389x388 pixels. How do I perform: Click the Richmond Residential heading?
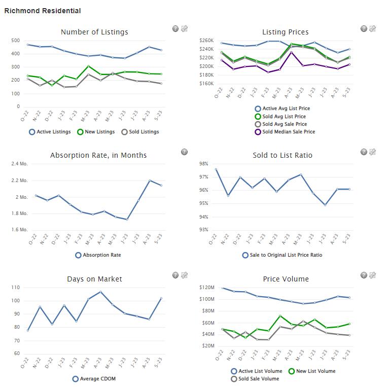(42, 11)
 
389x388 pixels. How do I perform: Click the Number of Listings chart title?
(94, 32)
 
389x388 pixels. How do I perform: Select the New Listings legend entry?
(96, 132)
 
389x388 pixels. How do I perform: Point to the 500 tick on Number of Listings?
(15, 41)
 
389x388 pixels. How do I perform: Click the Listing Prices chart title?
(285, 32)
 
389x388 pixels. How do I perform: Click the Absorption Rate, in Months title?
(98, 155)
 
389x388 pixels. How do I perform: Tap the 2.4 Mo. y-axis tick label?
(19, 164)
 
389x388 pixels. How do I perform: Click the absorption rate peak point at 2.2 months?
(150, 181)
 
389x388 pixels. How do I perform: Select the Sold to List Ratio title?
(282, 155)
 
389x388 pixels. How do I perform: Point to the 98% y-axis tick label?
(204, 164)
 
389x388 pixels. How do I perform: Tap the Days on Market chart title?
(94, 279)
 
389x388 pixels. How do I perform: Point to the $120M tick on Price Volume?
(208, 288)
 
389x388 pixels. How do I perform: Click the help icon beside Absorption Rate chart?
(184, 152)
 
